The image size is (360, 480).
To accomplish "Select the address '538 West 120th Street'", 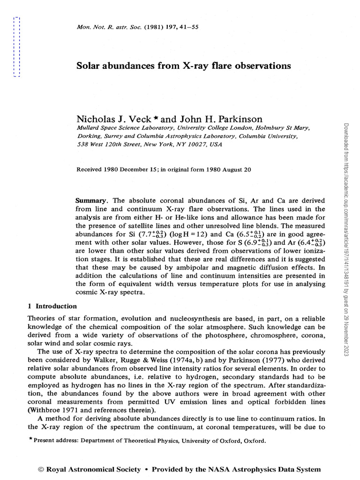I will coord(108,145).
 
